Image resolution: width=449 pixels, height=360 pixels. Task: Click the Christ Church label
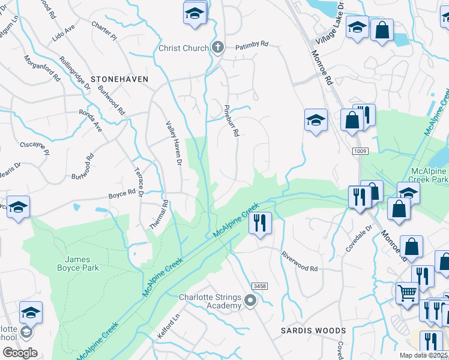click(x=183, y=48)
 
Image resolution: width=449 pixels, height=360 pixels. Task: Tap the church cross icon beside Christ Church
click(x=218, y=47)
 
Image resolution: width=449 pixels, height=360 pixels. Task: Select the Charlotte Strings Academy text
click(x=210, y=302)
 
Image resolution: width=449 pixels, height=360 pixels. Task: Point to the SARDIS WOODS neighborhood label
click(x=313, y=331)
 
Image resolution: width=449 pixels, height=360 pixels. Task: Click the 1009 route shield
click(x=360, y=152)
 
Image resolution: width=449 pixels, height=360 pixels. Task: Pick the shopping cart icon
click(x=406, y=293)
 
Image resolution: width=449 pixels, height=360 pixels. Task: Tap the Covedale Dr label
click(x=358, y=238)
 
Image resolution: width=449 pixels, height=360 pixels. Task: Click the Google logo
click(x=20, y=353)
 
